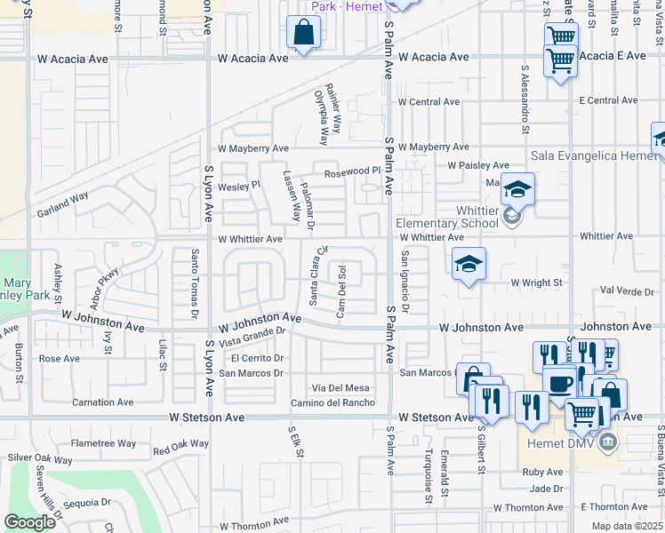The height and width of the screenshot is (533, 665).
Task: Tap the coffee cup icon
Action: click(x=559, y=384)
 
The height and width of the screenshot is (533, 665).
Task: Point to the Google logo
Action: click(x=30, y=522)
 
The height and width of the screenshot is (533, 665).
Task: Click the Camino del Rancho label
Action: click(x=332, y=403)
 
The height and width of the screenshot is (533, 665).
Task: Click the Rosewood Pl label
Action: click(x=352, y=172)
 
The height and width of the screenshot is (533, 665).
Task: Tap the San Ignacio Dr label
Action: click(x=405, y=282)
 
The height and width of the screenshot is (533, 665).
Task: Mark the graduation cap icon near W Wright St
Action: click(x=469, y=264)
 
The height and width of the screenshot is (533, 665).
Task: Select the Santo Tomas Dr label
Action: click(x=194, y=283)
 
